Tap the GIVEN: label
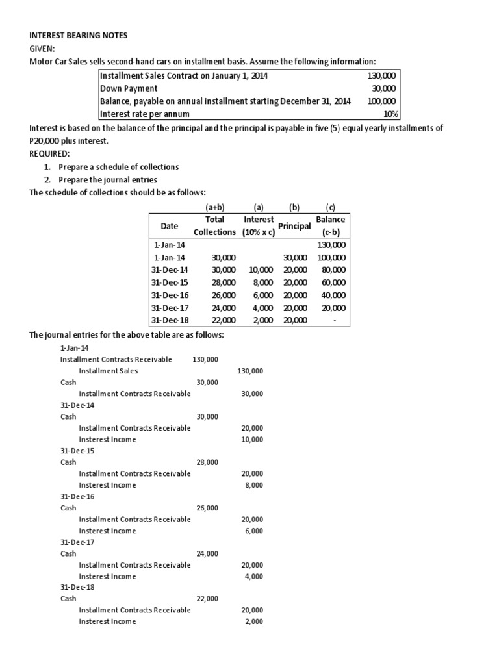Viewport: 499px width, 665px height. tap(42, 48)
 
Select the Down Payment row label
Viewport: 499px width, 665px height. tap(129, 88)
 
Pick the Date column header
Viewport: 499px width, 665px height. tap(169, 226)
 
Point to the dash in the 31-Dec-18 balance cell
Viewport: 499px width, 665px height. tap(333, 321)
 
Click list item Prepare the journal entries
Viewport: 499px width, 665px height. tap(107, 180)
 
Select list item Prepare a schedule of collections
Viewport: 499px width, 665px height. tap(118, 167)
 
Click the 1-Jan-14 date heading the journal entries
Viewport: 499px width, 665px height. tap(75, 348)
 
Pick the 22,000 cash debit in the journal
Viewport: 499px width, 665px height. tap(207, 598)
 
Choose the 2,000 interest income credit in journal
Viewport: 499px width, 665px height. tap(253, 621)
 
